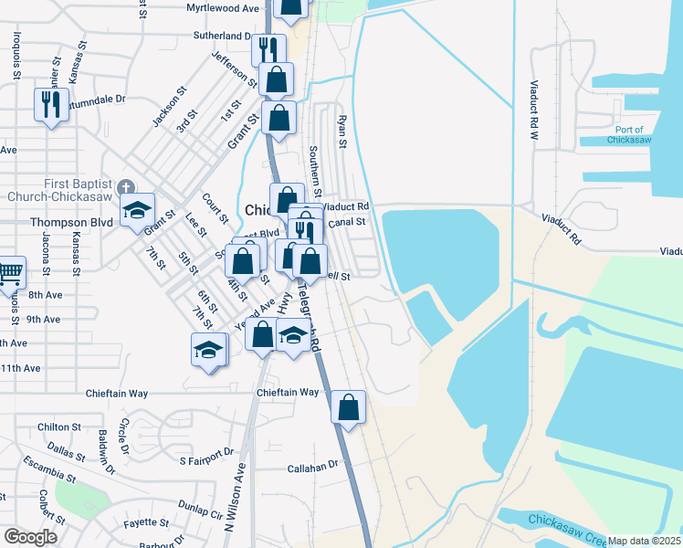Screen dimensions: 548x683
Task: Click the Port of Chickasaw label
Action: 630,135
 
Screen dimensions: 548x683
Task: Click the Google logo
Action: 30,537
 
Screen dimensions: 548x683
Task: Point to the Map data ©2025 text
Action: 644,541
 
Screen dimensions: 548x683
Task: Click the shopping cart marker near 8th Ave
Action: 9,273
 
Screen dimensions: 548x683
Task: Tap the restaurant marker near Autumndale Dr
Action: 49,103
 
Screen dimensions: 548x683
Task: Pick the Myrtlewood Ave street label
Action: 223,8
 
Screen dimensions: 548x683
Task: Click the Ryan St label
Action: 343,132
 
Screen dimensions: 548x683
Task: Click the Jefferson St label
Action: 235,70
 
